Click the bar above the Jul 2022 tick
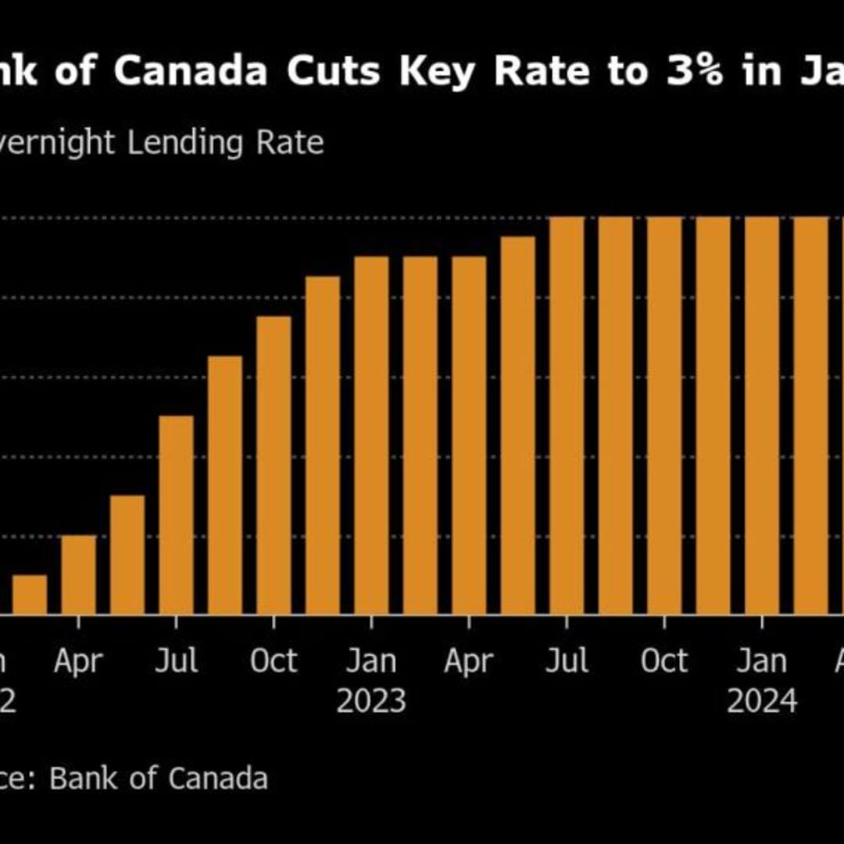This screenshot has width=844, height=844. point(176,516)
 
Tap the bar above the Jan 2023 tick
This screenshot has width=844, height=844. point(371,435)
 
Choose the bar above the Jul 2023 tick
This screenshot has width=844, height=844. point(567,416)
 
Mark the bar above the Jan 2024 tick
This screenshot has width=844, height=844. point(762,416)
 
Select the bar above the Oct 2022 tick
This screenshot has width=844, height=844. point(274,465)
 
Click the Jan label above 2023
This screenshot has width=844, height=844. point(371,662)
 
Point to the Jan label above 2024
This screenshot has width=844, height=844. point(762,662)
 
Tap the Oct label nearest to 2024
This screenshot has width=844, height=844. point(664,662)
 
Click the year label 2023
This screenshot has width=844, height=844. point(371,701)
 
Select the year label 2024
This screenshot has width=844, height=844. point(762,701)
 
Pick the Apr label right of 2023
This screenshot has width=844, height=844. point(469,662)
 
